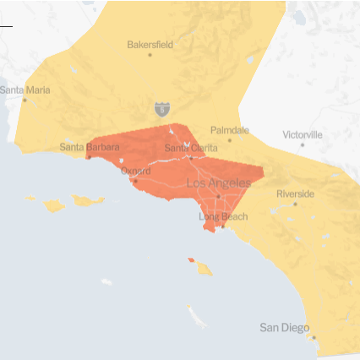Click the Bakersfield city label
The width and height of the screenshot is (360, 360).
pos(150,44)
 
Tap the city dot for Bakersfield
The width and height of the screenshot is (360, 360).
pos(150,55)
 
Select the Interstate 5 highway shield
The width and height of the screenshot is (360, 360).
pos(161,109)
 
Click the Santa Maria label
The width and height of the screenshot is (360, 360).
pos(25,90)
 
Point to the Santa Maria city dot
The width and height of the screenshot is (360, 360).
pos(25,101)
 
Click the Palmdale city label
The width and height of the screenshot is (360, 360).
pos(229,130)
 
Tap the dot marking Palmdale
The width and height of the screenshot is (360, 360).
pos(229,140)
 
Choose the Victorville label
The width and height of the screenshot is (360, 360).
pos(302,134)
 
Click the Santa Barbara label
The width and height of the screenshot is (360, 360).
pos(90,146)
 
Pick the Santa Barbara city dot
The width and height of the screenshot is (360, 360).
pos(89,156)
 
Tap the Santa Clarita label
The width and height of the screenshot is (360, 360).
pos(190,148)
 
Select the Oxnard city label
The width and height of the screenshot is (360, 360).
pos(135,171)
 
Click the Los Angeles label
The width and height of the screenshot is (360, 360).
pos(218,183)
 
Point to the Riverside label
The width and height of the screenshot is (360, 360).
pos(295,194)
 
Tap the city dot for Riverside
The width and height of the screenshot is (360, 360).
pos(295,204)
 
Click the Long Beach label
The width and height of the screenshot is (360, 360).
pos(223,217)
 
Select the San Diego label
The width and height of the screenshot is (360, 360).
pos(284,328)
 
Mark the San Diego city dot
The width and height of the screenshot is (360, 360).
pos(314,337)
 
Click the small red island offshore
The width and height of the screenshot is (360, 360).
pos(191,260)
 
